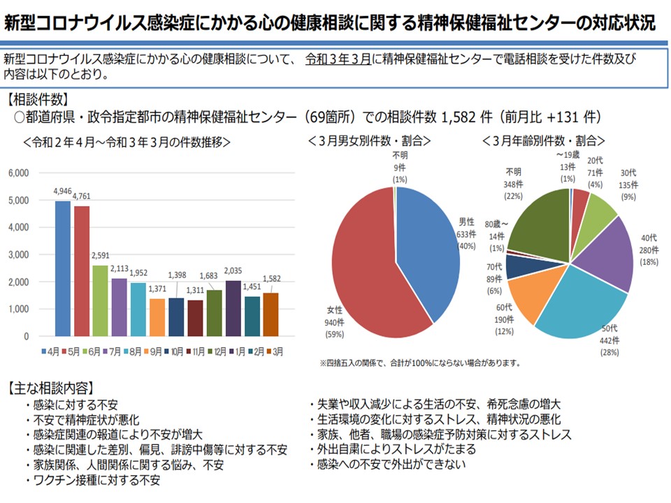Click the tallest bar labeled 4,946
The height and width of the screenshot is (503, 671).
pyautogui.click(x=62, y=268)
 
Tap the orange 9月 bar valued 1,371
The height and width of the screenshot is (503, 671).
pyautogui.click(x=157, y=317)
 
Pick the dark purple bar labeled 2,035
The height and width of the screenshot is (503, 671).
pyautogui.click(x=233, y=308)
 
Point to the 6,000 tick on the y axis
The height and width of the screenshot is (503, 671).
pyautogui.click(x=19, y=173)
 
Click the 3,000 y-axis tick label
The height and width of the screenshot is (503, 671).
pyautogui.click(x=19, y=254)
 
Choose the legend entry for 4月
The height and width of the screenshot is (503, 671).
pyautogui.click(x=50, y=351)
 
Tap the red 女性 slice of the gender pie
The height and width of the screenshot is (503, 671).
pyautogui.click(x=370, y=265)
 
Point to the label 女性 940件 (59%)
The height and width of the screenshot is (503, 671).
pyautogui.click(x=333, y=322)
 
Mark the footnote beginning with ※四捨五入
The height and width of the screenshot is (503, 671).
pyautogui.click(x=419, y=363)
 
